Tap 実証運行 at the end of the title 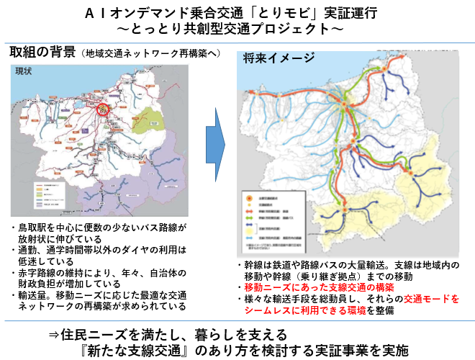point(349,13)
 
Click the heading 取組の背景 point(42,54)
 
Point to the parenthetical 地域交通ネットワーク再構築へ point(151,55)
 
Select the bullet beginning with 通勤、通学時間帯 point(97,256)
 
